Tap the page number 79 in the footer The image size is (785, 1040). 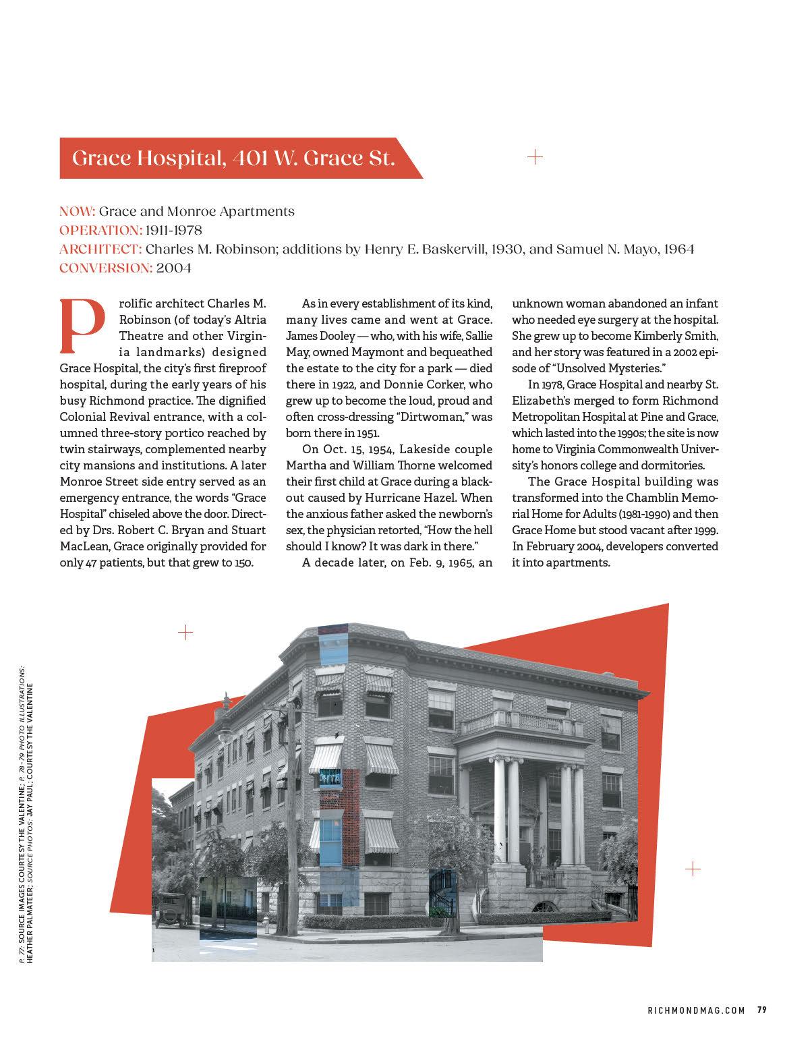click(x=761, y=1010)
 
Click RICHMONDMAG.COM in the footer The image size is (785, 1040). click(x=696, y=1010)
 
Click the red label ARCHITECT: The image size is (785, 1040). click(x=100, y=249)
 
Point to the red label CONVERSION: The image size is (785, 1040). click(x=106, y=268)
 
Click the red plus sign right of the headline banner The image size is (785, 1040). click(x=534, y=157)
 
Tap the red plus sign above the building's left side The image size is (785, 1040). click(x=185, y=632)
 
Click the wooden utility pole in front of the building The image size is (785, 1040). click(x=293, y=809)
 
